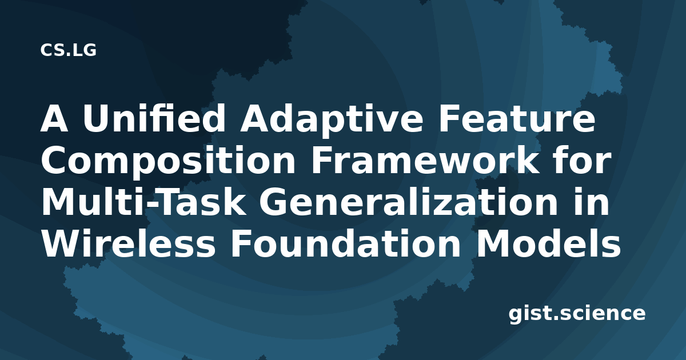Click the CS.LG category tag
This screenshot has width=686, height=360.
[x=68, y=50]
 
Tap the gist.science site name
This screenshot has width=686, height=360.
[x=577, y=314]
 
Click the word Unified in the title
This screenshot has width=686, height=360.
[x=154, y=118]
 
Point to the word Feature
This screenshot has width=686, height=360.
[x=517, y=118]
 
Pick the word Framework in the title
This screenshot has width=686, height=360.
[x=425, y=160]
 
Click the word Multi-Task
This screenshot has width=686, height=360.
[x=143, y=201]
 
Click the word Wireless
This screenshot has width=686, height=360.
[x=128, y=243]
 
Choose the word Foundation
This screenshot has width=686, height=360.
[x=345, y=243]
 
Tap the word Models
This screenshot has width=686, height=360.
[x=548, y=243]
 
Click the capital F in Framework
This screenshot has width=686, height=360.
[x=322, y=160]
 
